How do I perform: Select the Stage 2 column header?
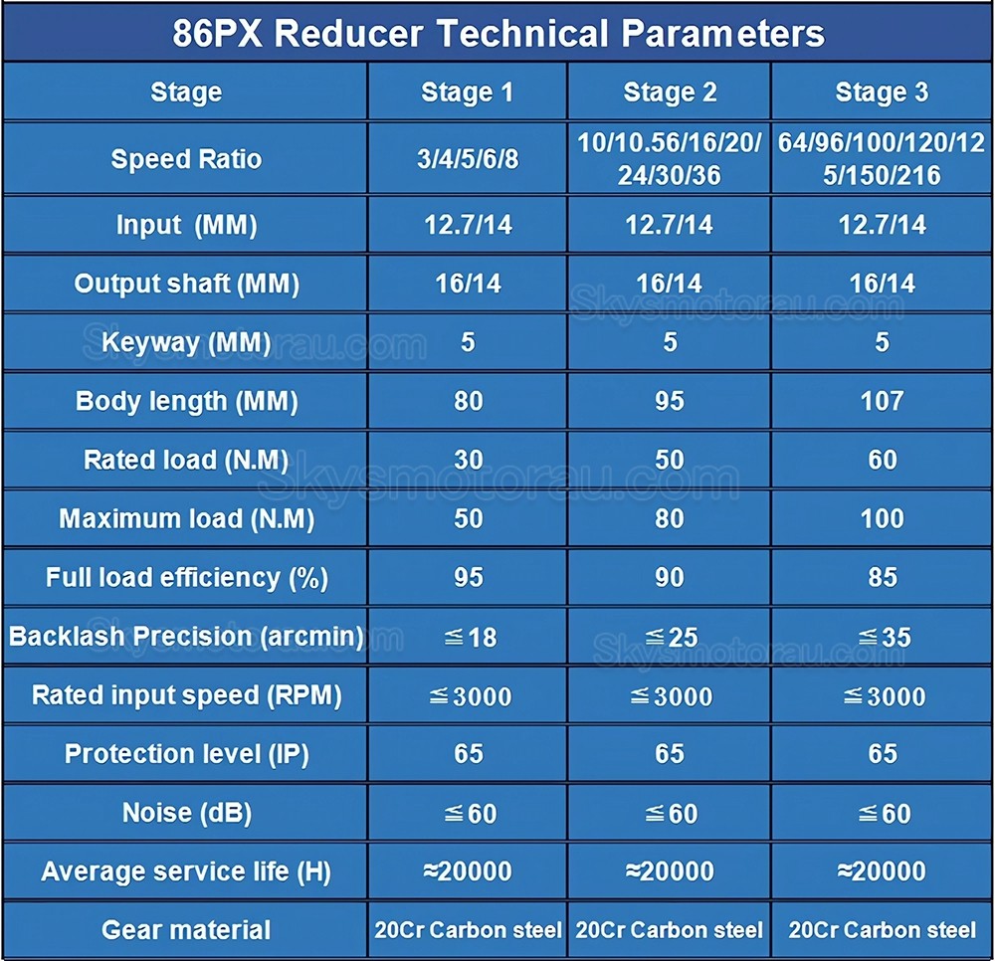point(670,92)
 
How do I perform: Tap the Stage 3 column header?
point(882,92)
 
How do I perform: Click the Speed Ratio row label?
point(186,158)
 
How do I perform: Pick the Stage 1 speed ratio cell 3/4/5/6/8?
point(468,159)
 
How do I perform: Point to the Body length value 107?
point(882,401)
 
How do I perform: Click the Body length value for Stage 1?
point(469,401)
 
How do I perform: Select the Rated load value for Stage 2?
point(670,460)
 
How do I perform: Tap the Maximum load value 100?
point(882,519)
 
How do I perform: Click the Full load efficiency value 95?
point(469,577)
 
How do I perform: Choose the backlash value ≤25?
point(671,637)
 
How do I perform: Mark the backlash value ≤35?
point(884,637)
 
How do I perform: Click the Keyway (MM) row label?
point(186,342)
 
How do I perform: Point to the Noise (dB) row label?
point(187,813)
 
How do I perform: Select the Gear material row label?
point(186,930)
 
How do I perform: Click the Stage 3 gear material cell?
point(882,930)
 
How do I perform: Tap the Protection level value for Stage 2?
point(670,753)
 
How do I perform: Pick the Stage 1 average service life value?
point(468,870)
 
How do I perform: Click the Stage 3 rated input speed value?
point(884,696)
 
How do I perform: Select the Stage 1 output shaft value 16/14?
point(469,284)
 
